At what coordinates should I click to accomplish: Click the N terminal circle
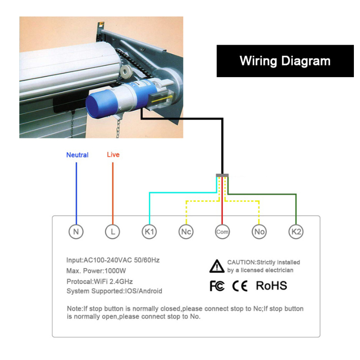(x=76, y=231)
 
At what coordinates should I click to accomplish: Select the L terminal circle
(x=112, y=231)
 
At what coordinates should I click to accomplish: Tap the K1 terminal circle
(x=149, y=231)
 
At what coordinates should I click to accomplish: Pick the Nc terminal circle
(x=186, y=231)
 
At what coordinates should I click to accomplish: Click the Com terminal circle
(x=222, y=231)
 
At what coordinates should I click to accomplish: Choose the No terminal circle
(x=259, y=231)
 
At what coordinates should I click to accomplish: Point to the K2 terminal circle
(x=296, y=231)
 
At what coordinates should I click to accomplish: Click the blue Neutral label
(x=77, y=155)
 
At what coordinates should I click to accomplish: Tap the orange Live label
(x=113, y=154)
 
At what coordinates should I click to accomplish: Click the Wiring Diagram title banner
(x=285, y=61)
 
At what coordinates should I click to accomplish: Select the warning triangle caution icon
(x=216, y=266)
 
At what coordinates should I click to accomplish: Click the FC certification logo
(x=217, y=286)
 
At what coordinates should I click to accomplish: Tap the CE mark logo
(x=240, y=286)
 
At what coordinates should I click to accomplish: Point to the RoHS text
(x=271, y=286)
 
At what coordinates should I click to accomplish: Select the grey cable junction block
(x=222, y=176)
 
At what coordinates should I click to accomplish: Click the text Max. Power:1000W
(x=96, y=271)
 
